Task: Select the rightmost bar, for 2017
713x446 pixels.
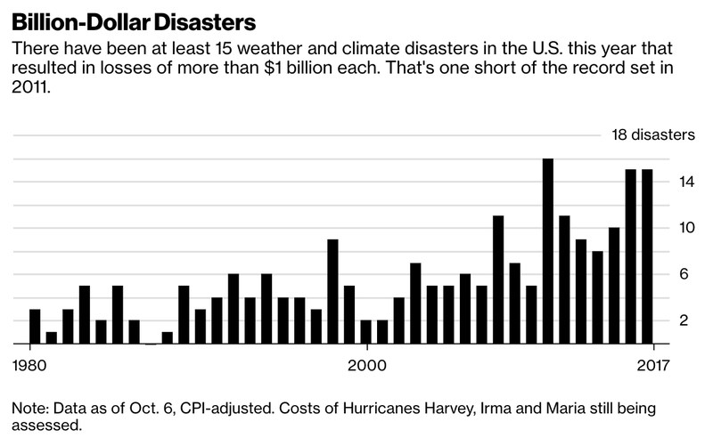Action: point(647,256)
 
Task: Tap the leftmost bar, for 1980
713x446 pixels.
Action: point(35,326)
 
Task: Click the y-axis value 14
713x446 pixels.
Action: point(660,182)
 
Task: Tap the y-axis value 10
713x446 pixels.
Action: point(660,228)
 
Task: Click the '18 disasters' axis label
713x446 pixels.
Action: point(652,135)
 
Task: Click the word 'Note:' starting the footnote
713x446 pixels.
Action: point(29,408)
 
